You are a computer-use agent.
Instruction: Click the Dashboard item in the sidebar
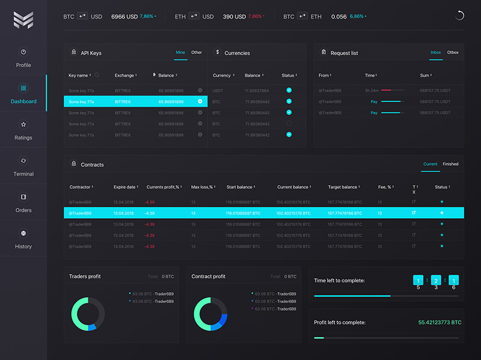click(x=23, y=94)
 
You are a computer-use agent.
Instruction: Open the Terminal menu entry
click(x=23, y=166)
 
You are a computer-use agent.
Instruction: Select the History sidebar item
click(x=23, y=239)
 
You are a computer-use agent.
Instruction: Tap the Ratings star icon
click(x=23, y=124)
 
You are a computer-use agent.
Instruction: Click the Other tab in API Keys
click(x=197, y=53)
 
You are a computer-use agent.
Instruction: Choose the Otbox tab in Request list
click(x=453, y=53)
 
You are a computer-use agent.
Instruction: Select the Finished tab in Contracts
click(x=450, y=164)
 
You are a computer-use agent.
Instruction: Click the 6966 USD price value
click(x=124, y=16)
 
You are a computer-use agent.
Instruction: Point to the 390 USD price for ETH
click(x=234, y=16)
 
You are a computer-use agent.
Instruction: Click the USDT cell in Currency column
click(x=219, y=90)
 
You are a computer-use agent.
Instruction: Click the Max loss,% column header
click(x=203, y=187)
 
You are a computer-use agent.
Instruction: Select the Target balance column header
click(x=343, y=187)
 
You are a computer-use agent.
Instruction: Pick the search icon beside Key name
click(x=97, y=76)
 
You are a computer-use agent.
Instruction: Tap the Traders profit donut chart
click(x=88, y=313)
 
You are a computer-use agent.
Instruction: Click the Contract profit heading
click(x=208, y=276)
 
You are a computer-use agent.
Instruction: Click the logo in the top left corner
click(x=23, y=20)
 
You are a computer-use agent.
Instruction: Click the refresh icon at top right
click(x=460, y=16)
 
